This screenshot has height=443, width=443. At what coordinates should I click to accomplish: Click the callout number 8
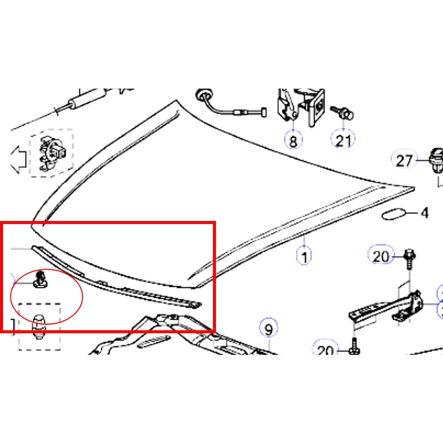click(x=293, y=140)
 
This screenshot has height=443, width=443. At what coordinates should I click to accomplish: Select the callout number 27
click(x=404, y=161)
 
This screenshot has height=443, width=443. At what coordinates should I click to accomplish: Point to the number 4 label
click(x=425, y=213)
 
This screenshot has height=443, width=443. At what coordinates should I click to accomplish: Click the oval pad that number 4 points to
click(x=394, y=214)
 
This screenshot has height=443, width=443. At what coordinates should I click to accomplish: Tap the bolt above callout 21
click(x=342, y=113)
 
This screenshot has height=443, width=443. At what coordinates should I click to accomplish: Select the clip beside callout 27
click(x=436, y=161)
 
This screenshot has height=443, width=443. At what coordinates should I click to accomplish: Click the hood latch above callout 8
click(x=301, y=107)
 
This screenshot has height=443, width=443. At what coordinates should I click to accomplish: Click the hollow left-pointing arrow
click(x=18, y=160)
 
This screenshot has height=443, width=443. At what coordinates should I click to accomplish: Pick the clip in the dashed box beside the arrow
click(x=52, y=154)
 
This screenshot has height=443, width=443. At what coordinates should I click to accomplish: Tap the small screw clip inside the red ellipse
click(x=40, y=280)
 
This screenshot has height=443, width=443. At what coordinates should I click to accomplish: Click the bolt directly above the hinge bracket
click(x=409, y=259)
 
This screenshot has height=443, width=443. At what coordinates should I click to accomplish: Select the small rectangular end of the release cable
click(x=264, y=112)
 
